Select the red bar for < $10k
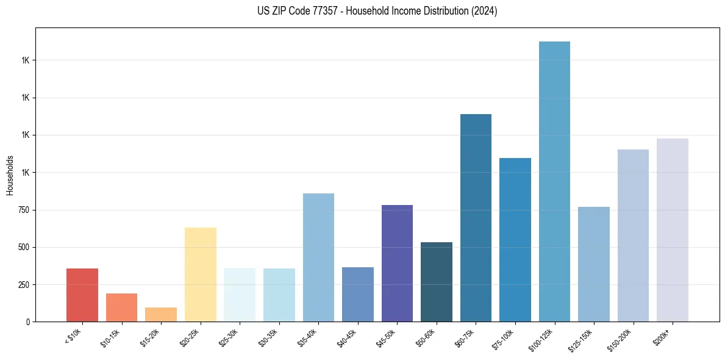pyautogui.click(x=82, y=295)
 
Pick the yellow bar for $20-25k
pyautogui.click(x=200, y=275)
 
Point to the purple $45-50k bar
pyautogui.click(x=397, y=264)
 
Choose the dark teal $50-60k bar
pyautogui.click(x=437, y=282)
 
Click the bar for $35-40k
pyautogui.click(x=318, y=257)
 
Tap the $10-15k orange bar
pyautogui.click(x=121, y=308)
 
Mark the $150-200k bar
pyautogui.click(x=633, y=236)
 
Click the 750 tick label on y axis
pyautogui.click(x=24, y=210)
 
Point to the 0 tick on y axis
pyautogui.click(x=27, y=322)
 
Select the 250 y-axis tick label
pyautogui.click(x=24, y=284)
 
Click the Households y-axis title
pyautogui.click(x=10, y=175)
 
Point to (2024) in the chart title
pyautogui.click(x=484, y=11)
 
